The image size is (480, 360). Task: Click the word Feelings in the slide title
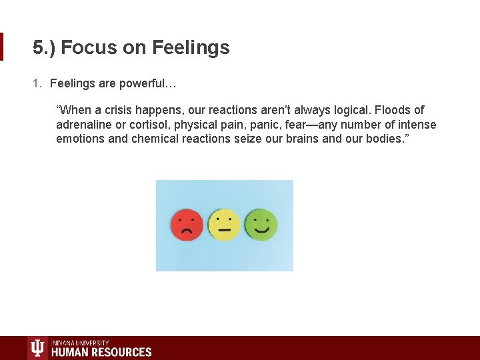pos(191,48)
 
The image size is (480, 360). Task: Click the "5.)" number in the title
pos(45,48)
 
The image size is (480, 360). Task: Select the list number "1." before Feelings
pos(38,83)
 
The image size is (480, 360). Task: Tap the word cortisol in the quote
pos(149,125)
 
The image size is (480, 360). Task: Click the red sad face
pos(187,225)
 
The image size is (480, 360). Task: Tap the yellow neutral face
pos(224,225)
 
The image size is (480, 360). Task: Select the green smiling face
pos(261,225)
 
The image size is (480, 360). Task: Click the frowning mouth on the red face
pos(187,231)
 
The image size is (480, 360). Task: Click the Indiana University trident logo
pos(37,349)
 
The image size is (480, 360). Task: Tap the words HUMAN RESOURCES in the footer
pos(101,352)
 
